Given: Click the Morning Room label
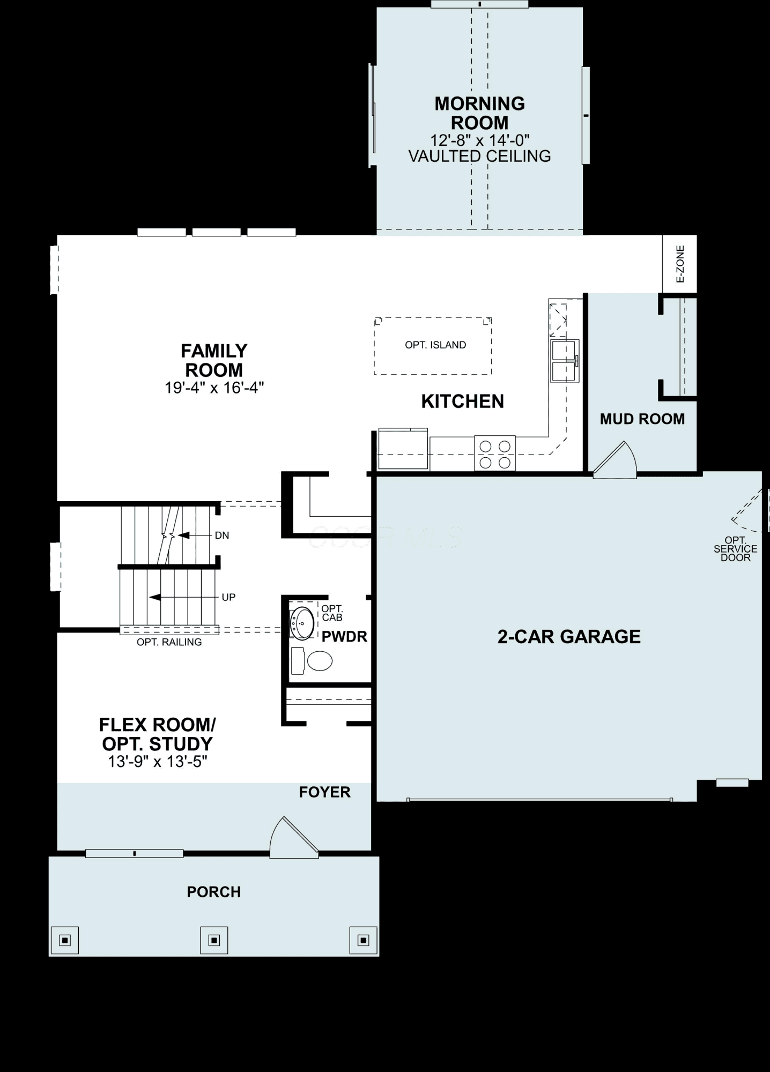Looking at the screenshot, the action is point(480,113).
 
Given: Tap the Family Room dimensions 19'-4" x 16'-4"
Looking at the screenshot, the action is point(214,388).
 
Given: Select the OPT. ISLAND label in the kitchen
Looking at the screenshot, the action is point(435,345).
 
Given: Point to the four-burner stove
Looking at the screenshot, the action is point(495,453).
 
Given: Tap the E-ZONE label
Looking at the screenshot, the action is point(680,264).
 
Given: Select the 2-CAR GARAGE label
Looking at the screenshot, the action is point(569,636).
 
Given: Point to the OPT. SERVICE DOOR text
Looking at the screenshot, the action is point(736,549).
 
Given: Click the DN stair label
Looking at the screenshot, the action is point(222,535).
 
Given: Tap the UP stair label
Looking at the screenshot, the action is point(228,597).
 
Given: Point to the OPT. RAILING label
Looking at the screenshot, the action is point(169,642).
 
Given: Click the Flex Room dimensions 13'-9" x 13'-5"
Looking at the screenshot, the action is point(158,762).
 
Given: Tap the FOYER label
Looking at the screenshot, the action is point(325,792).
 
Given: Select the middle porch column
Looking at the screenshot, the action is point(214,940).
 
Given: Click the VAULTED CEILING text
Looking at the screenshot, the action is point(480,156).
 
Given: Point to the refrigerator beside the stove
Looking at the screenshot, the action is point(403,449).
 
